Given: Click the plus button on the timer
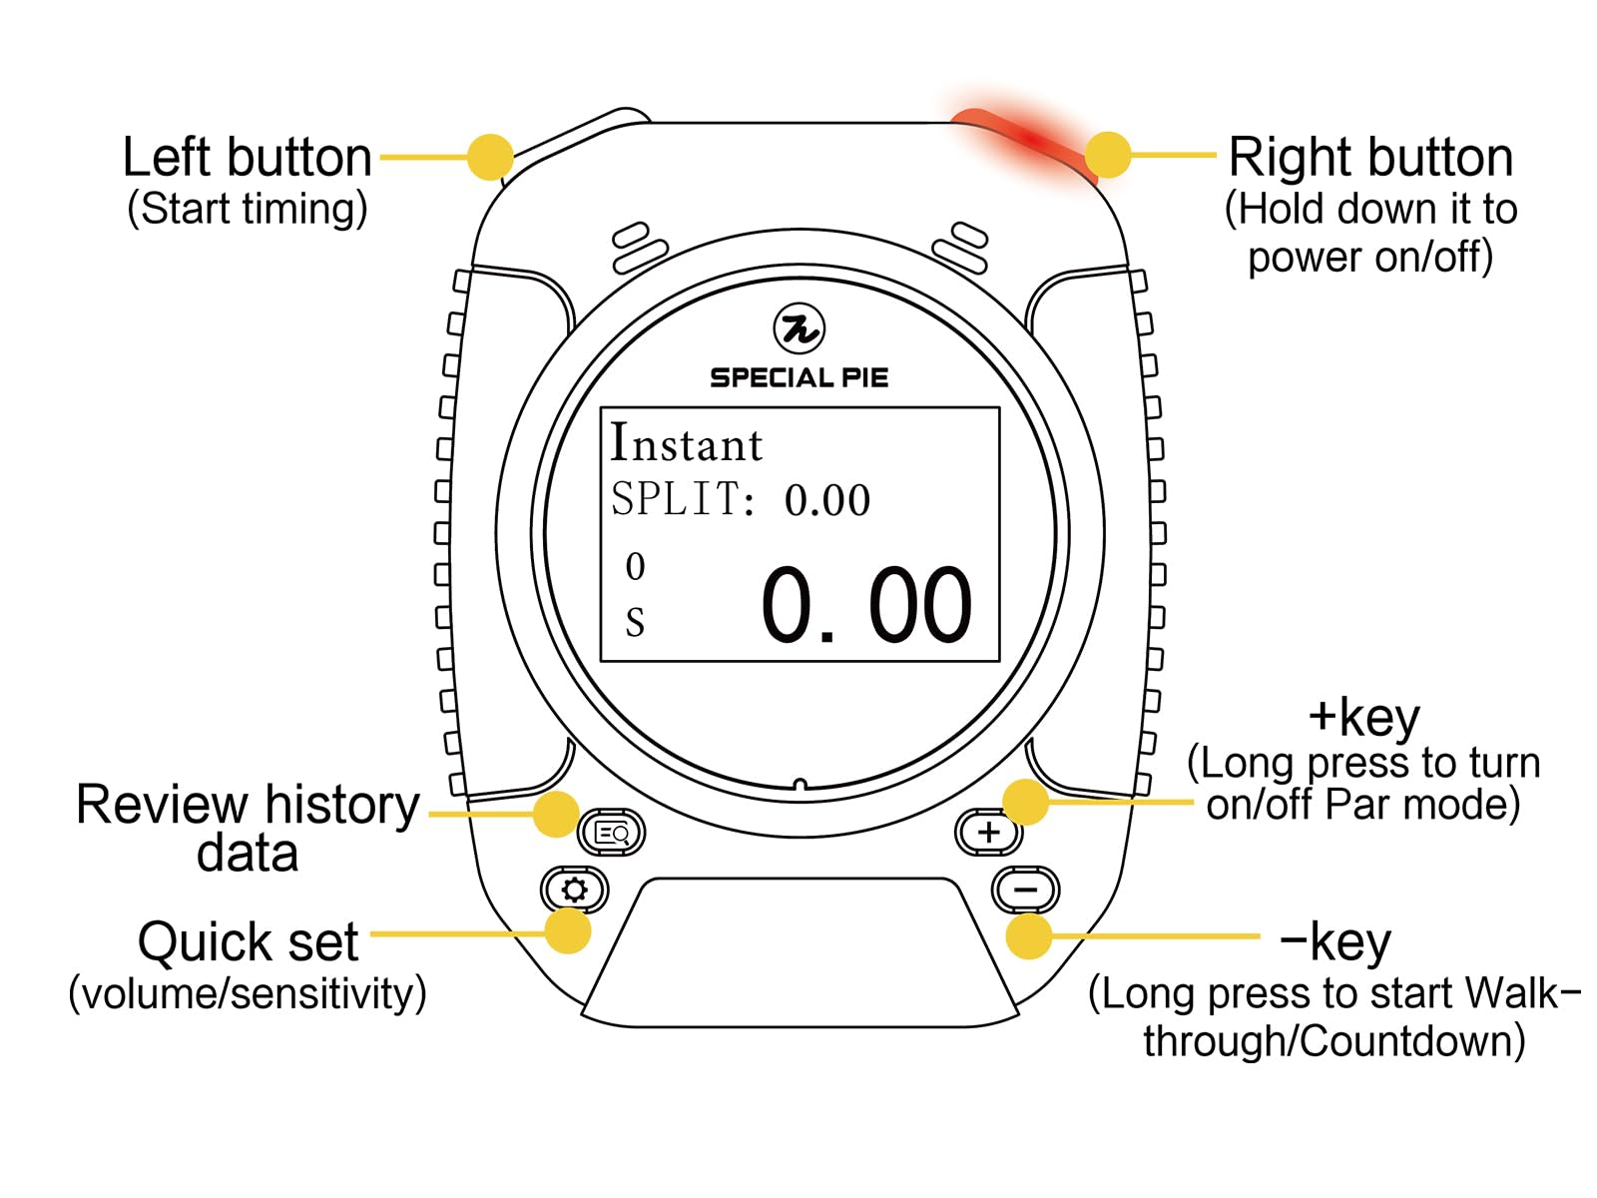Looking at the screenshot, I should (988, 832).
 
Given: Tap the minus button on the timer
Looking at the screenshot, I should (1025, 890).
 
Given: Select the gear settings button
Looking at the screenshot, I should (574, 890).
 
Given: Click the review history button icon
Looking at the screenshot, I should (612, 833).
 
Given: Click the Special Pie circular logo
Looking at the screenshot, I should (798, 328).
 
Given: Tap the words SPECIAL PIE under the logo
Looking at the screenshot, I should (798, 377).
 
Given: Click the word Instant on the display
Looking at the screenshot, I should (686, 444).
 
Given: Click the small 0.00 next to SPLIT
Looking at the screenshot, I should (826, 500).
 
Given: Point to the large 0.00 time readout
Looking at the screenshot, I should (865, 605).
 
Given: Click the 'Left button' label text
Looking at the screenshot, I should (247, 158).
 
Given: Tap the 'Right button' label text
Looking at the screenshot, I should (1370, 158).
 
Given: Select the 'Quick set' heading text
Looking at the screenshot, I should (248, 941).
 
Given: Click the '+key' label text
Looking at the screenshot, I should (1363, 716).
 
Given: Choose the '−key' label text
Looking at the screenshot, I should (1334, 941).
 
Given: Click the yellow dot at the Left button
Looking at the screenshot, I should (490, 157).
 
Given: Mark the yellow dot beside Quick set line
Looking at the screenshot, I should (568, 931).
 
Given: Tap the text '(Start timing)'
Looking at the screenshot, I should (247, 209).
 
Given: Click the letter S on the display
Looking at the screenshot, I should (635, 623).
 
